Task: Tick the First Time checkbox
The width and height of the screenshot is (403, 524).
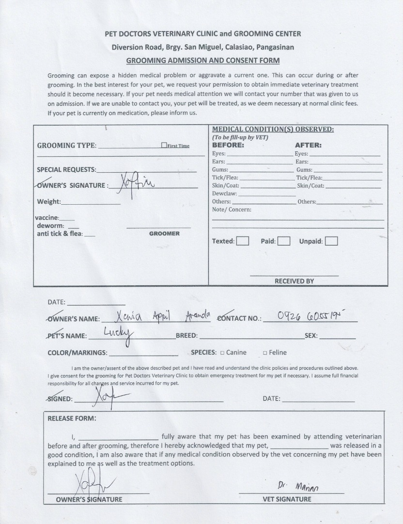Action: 164,145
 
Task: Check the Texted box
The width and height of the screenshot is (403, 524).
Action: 243,241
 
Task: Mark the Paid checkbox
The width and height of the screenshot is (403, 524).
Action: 284,241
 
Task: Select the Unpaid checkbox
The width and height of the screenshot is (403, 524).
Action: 331,241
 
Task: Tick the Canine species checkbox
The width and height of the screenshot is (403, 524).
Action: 222,353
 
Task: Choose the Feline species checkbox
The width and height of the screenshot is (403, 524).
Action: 265,353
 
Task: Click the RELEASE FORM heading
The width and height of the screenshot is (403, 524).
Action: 72,418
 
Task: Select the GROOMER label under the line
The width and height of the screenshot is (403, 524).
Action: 164,233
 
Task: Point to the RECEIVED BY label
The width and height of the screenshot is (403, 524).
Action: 294,281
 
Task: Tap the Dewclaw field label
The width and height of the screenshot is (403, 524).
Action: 224,194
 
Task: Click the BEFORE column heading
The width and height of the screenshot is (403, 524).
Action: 228,145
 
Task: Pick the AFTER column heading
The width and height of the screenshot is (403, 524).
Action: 308,145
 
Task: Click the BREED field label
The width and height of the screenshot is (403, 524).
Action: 186,336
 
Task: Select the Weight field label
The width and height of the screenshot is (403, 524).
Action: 48,202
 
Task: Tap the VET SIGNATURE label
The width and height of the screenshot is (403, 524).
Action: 287,499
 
